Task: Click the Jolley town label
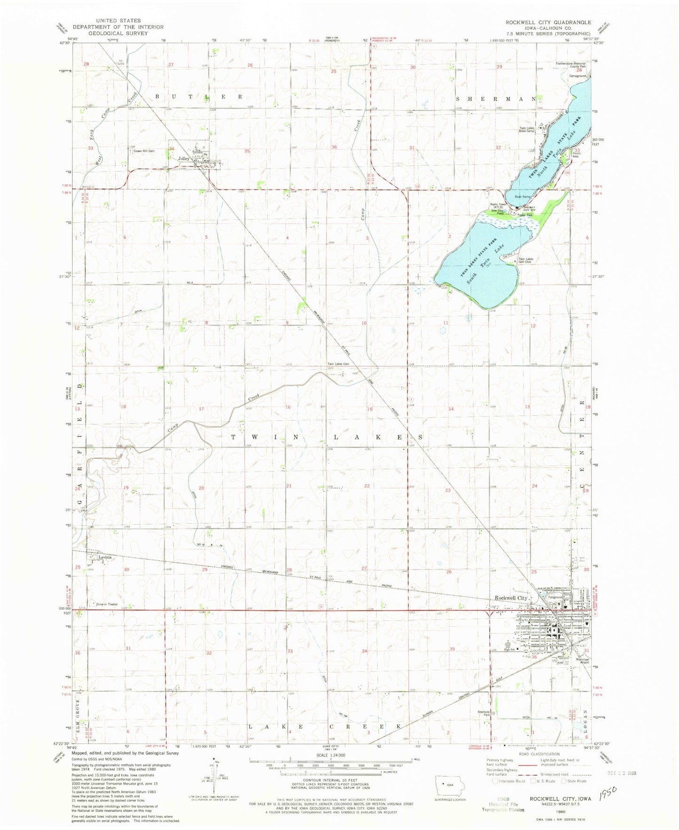(184, 159)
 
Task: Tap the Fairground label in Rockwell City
(575, 597)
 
